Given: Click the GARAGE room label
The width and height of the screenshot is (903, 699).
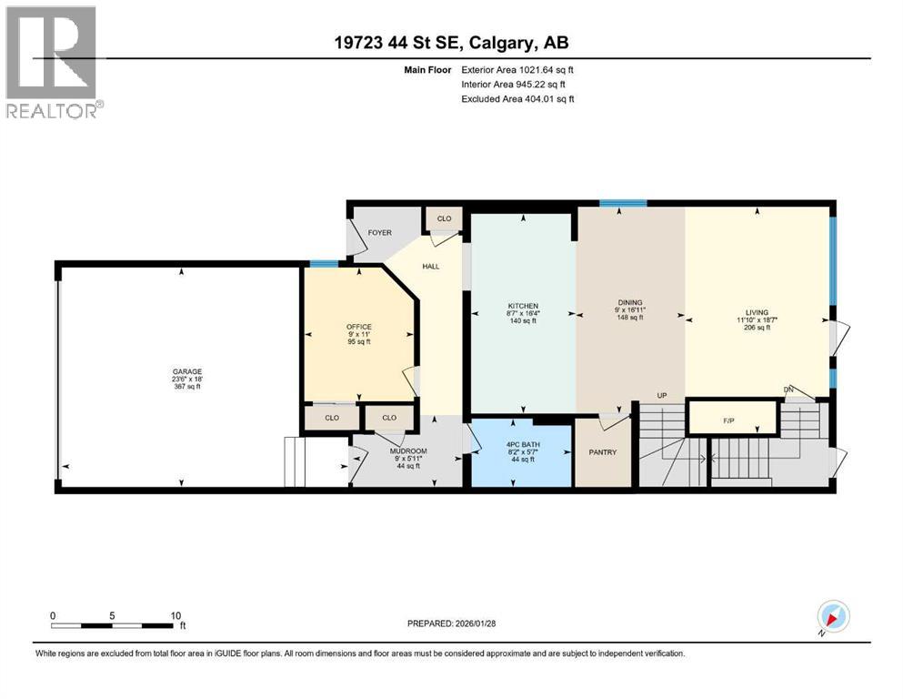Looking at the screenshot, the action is tap(187, 371).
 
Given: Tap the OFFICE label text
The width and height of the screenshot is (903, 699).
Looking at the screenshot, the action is tap(359, 327).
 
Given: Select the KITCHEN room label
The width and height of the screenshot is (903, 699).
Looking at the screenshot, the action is tap(523, 306).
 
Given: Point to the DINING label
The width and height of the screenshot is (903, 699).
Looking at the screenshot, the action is tap(630, 302).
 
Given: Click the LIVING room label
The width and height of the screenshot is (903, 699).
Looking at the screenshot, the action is tap(757, 312).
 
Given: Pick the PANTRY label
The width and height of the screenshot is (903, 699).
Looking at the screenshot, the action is tap(602, 452).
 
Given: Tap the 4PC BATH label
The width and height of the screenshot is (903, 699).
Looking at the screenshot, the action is tap(523, 444).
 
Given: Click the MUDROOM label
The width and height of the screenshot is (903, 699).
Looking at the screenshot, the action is tap(408, 451).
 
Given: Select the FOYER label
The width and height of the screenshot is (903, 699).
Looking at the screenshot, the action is tap(379, 233).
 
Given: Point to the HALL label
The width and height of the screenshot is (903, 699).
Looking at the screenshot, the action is tap(431, 267).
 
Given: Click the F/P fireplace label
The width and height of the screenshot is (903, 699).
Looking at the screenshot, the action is tap(728, 420).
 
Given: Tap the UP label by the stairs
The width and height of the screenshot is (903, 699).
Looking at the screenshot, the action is tap(662, 395).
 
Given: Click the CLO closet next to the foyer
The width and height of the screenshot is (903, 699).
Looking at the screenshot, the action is tap(444, 218).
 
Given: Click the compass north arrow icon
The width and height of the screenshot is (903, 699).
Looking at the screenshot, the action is tap(833, 617).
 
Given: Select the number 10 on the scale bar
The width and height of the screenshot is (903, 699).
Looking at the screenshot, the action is tap(176, 615).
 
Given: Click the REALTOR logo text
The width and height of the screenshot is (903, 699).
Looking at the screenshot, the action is tap(52, 111).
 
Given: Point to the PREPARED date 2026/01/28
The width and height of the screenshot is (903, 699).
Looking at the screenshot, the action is tap(475, 623).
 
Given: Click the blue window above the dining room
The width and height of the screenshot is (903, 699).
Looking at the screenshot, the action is tap(623, 203).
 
